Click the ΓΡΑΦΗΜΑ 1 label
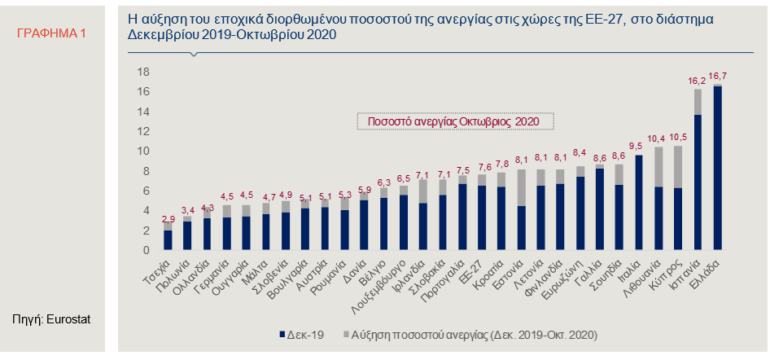(51, 33)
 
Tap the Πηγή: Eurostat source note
(51, 319)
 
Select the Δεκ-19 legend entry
(302, 335)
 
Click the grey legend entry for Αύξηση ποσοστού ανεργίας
(469, 335)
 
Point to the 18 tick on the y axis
(142, 72)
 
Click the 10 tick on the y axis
(142, 151)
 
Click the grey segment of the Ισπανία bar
(698, 102)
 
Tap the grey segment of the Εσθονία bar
(522, 187)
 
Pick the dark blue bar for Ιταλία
(639, 203)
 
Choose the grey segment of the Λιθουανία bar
(658, 167)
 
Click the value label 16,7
(718, 76)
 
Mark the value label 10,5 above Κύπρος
(678, 136)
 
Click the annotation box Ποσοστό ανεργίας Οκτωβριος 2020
(455, 121)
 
